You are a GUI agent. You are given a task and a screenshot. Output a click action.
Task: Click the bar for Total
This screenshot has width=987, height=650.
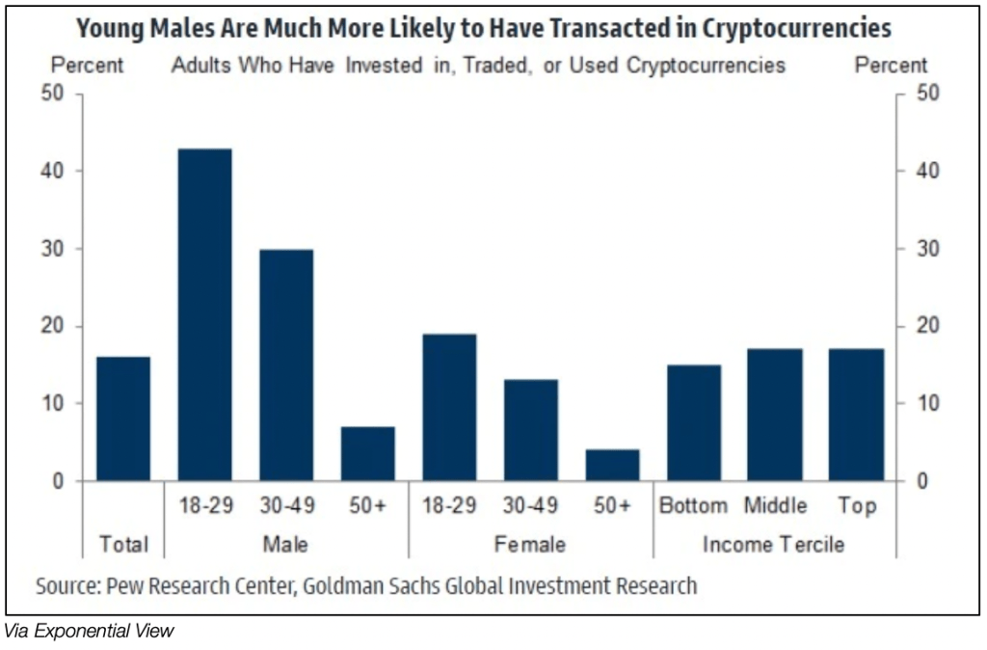(123, 419)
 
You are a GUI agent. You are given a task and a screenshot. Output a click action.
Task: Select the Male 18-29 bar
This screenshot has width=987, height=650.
(204, 314)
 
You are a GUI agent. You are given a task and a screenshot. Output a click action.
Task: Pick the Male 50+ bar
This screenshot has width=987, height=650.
(367, 453)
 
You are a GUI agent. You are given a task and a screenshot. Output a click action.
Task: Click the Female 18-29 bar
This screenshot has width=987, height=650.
(449, 407)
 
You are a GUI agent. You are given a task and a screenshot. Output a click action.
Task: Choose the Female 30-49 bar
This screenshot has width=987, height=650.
(530, 430)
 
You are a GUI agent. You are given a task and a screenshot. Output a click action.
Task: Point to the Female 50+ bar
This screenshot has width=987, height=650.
(612, 465)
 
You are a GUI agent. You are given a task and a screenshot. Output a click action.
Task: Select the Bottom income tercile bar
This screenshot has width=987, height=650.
(693, 422)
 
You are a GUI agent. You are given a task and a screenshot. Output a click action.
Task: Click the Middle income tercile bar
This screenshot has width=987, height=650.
(775, 415)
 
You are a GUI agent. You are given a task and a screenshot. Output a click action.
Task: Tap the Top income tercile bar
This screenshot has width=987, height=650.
(856, 415)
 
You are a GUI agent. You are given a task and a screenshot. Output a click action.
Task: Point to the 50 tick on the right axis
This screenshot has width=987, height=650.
(922, 95)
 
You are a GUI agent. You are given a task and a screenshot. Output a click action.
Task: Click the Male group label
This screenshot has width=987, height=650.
(285, 545)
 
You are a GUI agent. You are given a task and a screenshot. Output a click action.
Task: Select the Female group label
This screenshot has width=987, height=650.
(530, 545)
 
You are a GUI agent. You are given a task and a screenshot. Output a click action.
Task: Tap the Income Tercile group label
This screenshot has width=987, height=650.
(774, 545)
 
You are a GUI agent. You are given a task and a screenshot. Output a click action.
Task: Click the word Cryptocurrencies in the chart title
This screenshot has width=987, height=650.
(789, 28)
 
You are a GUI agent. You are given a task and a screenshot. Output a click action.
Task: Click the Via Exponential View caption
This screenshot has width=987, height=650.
(89, 633)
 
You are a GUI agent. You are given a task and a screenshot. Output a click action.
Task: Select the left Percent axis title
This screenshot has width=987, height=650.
(87, 66)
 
